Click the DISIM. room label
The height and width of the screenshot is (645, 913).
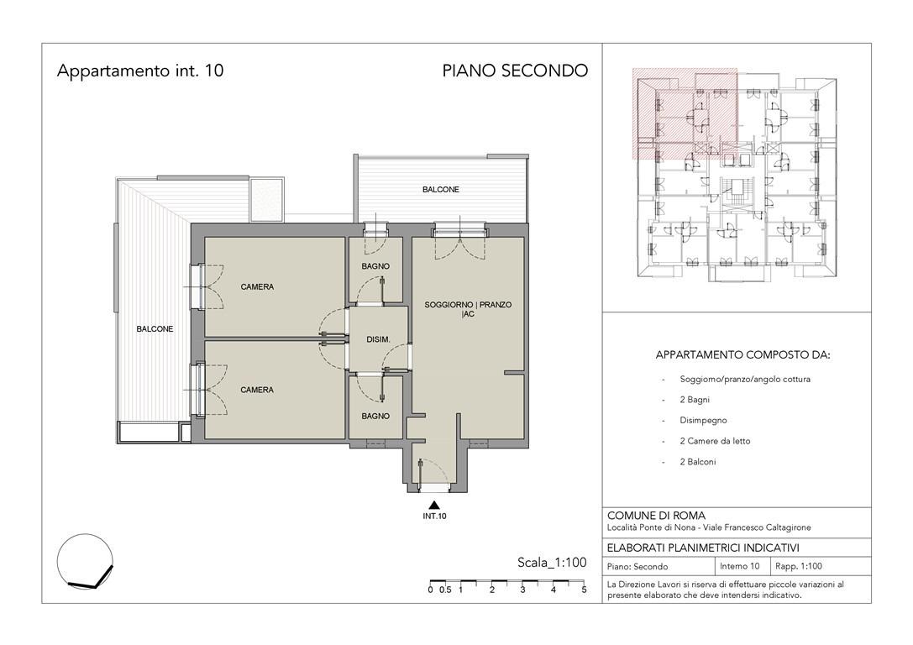pos(378,339)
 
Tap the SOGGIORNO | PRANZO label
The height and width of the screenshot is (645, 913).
pos(468,305)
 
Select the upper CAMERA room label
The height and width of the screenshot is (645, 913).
pos(257,286)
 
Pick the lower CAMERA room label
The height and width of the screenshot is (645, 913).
pos(257,390)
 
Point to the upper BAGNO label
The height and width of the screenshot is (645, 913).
pos(375,266)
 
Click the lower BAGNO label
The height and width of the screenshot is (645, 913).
pos(375,416)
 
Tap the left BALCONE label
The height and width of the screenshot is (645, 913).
pos(155,329)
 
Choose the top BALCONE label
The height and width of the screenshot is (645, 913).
pos(441,189)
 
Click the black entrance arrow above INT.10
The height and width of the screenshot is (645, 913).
pos(433,505)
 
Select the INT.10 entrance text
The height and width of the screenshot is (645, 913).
pos(434,516)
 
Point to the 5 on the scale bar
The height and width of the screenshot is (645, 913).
pos(584,590)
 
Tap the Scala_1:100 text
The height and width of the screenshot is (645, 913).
pos(552,563)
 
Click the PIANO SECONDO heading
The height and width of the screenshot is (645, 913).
pos(515,71)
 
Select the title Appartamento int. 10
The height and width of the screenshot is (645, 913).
pos(140,71)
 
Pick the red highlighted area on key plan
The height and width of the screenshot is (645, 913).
pos(685,114)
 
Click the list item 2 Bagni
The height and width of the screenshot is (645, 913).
pos(695,399)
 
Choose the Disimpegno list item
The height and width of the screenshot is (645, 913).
pos(703,420)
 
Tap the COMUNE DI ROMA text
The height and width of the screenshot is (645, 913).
pos(656,515)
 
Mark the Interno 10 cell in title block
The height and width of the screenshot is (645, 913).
pos(739,566)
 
